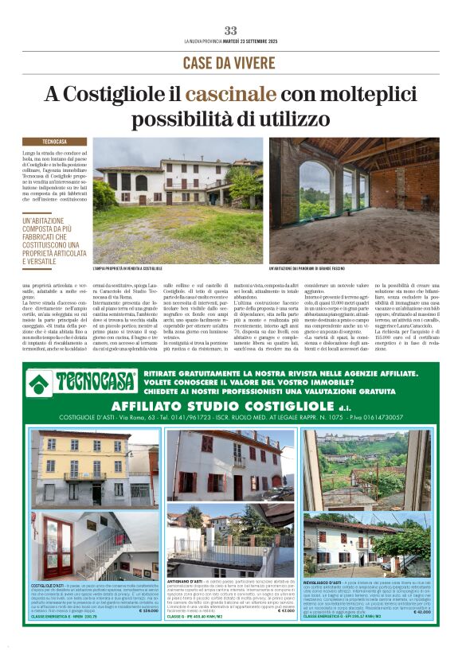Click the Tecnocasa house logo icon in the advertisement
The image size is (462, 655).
point(41,383)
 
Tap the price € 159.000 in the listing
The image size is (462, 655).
point(149,611)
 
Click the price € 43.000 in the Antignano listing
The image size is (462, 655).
point(285,611)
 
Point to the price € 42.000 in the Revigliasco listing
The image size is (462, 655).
point(421,611)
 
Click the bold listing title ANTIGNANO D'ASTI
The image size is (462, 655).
point(185,583)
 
